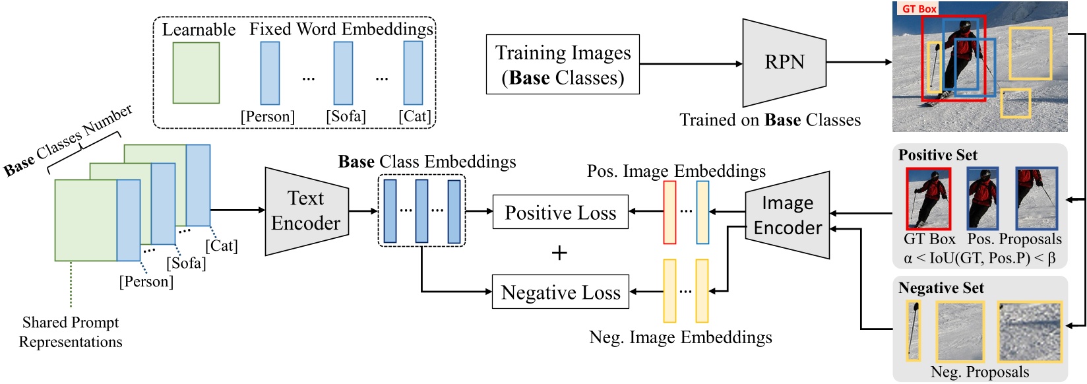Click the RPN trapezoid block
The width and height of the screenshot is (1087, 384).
(x=784, y=63)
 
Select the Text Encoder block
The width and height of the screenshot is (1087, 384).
(x=306, y=211)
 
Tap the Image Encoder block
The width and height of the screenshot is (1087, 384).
(x=788, y=215)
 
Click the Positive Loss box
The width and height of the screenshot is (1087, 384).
(x=560, y=212)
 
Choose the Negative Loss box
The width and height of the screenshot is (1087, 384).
(x=560, y=292)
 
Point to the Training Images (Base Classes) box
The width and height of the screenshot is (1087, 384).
(x=563, y=65)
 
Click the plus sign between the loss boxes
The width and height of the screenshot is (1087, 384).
(x=559, y=253)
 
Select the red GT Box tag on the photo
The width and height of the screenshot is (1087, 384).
(x=917, y=9)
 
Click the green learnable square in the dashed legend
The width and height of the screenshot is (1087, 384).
(x=196, y=73)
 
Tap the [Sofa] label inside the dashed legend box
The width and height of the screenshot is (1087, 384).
(x=346, y=116)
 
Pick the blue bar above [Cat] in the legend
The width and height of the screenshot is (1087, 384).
(x=413, y=73)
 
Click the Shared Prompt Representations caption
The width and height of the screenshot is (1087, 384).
(x=71, y=332)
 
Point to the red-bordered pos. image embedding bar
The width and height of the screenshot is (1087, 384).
(x=669, y=212)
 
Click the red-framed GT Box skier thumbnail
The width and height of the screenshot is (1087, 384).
(x=928, y=199)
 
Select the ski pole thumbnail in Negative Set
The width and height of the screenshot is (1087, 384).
(x=913, y=331)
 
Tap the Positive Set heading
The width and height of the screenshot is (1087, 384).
(x=937, y=155)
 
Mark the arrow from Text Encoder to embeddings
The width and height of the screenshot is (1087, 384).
(x=363, y=211)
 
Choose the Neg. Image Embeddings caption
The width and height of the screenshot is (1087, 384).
(x=680, y=337)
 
